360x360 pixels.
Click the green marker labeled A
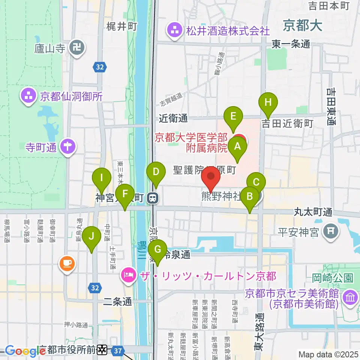click(237, 147)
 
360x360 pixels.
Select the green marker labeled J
click(91, 237)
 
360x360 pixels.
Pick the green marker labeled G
click(157, 249)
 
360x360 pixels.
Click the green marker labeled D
click(156, 172)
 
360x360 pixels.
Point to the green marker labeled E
click(233, 116)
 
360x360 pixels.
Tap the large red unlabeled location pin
click(211, 177)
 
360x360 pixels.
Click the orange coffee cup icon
click(67, 264)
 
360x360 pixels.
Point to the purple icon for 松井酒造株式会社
click(175, 30)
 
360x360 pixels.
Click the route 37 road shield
click(118, 351)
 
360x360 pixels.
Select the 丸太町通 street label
click(313, 213)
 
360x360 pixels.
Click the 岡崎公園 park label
click(333, 278)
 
